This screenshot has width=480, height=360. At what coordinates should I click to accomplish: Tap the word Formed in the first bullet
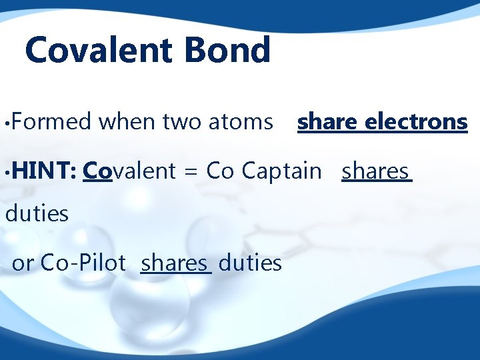coord(51,122)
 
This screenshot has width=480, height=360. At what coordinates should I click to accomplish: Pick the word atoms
coord(241,122)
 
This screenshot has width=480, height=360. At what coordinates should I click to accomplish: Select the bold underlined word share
coord(328,122)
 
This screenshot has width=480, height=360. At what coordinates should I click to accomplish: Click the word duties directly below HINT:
coord(37,214)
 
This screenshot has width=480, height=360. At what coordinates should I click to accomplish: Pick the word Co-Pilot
coord(83,263)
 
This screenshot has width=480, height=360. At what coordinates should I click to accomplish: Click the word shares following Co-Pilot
coord(175,263)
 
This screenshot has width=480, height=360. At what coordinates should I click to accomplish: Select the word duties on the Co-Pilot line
coord(250,263)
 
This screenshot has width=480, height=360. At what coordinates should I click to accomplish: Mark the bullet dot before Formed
coord(5,123)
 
